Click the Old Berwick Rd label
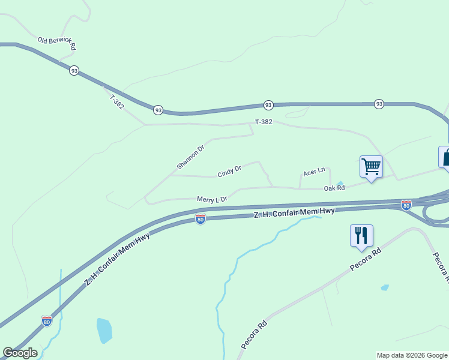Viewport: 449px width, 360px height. [57, 43]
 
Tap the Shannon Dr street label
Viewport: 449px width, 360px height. [191, 157]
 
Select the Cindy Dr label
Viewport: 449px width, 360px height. [229, 172]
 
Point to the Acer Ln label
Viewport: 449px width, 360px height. [314, 173]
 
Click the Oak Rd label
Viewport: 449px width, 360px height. [334, 188]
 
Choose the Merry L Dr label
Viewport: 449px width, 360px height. [212, 199]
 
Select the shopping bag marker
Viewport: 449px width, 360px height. [445, 157]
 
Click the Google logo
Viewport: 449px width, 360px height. [20, 352]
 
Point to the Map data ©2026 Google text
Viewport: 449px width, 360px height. [412, 355]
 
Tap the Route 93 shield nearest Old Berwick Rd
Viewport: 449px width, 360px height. [74, 70]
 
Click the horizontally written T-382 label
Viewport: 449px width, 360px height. [264, 122]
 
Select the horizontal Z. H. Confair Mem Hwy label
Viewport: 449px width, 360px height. [294, 212]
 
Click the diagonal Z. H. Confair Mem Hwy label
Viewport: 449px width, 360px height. [117, 256]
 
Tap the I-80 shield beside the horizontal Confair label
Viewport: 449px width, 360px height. [200, 220]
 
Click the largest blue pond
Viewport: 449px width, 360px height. [104, 330]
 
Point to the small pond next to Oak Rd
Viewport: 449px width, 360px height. [340, 183]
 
